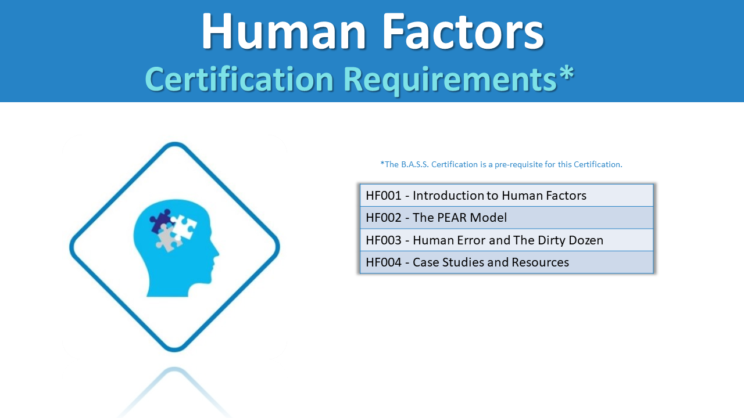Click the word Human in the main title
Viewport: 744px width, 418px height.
(x=284, y=31)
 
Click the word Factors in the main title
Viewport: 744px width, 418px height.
(x=463, y=31)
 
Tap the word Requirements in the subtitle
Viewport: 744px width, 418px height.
(x=450, y=80)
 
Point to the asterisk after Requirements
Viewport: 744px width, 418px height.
(x=566, y=73)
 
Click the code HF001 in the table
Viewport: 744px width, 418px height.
(x=384, y=196)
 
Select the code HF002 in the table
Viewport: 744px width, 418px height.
(x=384, y=218)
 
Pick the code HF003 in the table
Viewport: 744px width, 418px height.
(x=384, y=240)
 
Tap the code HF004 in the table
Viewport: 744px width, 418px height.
(x=384, y=262)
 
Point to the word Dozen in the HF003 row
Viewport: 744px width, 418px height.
(x=586, y=240)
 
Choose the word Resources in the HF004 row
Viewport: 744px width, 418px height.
(x=540, y=262)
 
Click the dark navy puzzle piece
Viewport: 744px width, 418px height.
(x=160, y=221)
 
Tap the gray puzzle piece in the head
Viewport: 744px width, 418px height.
(x=168, y=237)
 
